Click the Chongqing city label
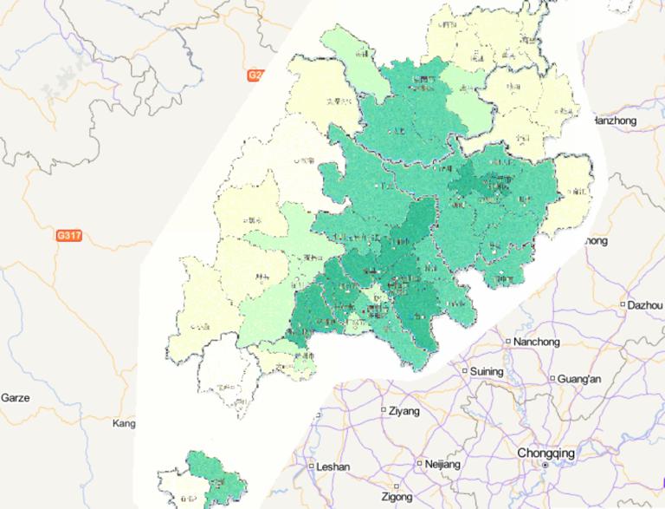(x=546, y=453)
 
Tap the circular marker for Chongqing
(x=546, y=466)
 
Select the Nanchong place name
(x=537, y=342)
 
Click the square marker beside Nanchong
(x=508, y=341)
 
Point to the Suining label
(x=487, y=371)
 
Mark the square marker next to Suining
(x=463, y=371)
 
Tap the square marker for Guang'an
(x=552, y=378)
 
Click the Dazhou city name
(x=647, y=305)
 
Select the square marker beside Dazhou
(x=623, y=304)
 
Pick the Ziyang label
(x=404, y=409)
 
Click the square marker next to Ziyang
(x=384, y=408)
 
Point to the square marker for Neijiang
(x=420, y=464)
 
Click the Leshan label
(x=333, y=467)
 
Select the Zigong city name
(x=397, y=498)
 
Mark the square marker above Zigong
(x=397, y=486)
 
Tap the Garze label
(x=16, y=398)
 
